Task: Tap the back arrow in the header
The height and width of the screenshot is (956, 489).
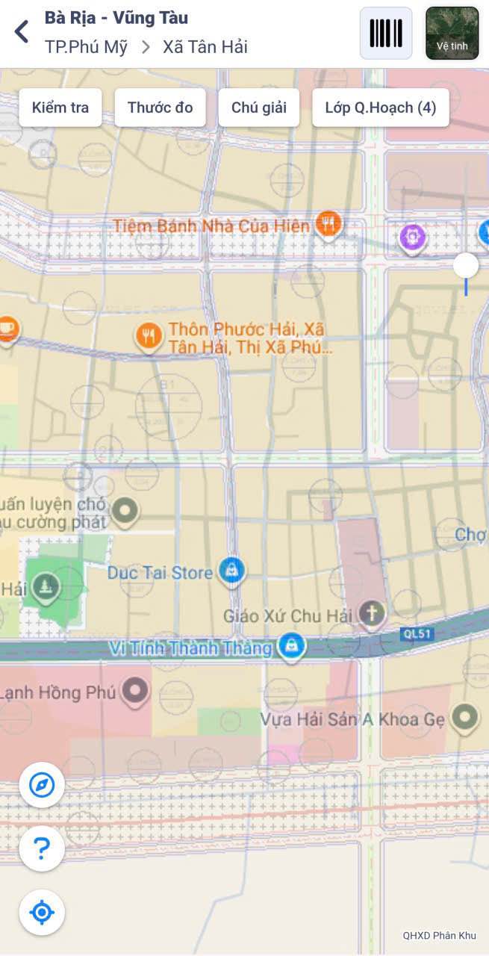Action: [x=22, y=31]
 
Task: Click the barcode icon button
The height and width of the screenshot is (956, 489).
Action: [x=386, y=34]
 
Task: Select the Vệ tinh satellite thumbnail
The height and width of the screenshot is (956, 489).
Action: [x=452, y=34]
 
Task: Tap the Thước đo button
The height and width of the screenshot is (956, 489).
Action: [x=160, y=108]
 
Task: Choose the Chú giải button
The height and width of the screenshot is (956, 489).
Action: [x=258, y=108]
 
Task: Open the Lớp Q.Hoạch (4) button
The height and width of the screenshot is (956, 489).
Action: [x=380, y=108]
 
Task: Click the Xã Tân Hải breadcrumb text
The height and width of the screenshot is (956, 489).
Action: [x=205, y=47]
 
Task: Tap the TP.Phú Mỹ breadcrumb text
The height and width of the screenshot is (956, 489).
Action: [x=86, y=47]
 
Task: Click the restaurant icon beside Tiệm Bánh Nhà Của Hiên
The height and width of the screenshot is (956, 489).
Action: [x=328, y=223]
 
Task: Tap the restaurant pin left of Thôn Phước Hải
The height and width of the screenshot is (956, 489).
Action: [x=149, y=337]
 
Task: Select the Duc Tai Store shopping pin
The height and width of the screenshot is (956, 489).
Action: [x=232, y=571]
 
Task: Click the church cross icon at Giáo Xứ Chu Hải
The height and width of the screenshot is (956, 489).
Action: [x=371, y=614]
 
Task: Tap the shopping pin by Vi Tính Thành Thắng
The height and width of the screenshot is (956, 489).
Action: [x=291, y=646]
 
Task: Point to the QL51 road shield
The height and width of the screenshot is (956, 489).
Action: [x=416, y=634]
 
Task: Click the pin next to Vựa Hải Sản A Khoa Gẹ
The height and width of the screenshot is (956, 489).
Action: [x=465, y=718]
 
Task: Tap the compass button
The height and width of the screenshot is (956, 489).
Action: [x=42, y=785]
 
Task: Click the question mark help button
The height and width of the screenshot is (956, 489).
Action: [x=42, y=848]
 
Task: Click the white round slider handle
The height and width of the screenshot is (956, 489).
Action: [x=466, y=265]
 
